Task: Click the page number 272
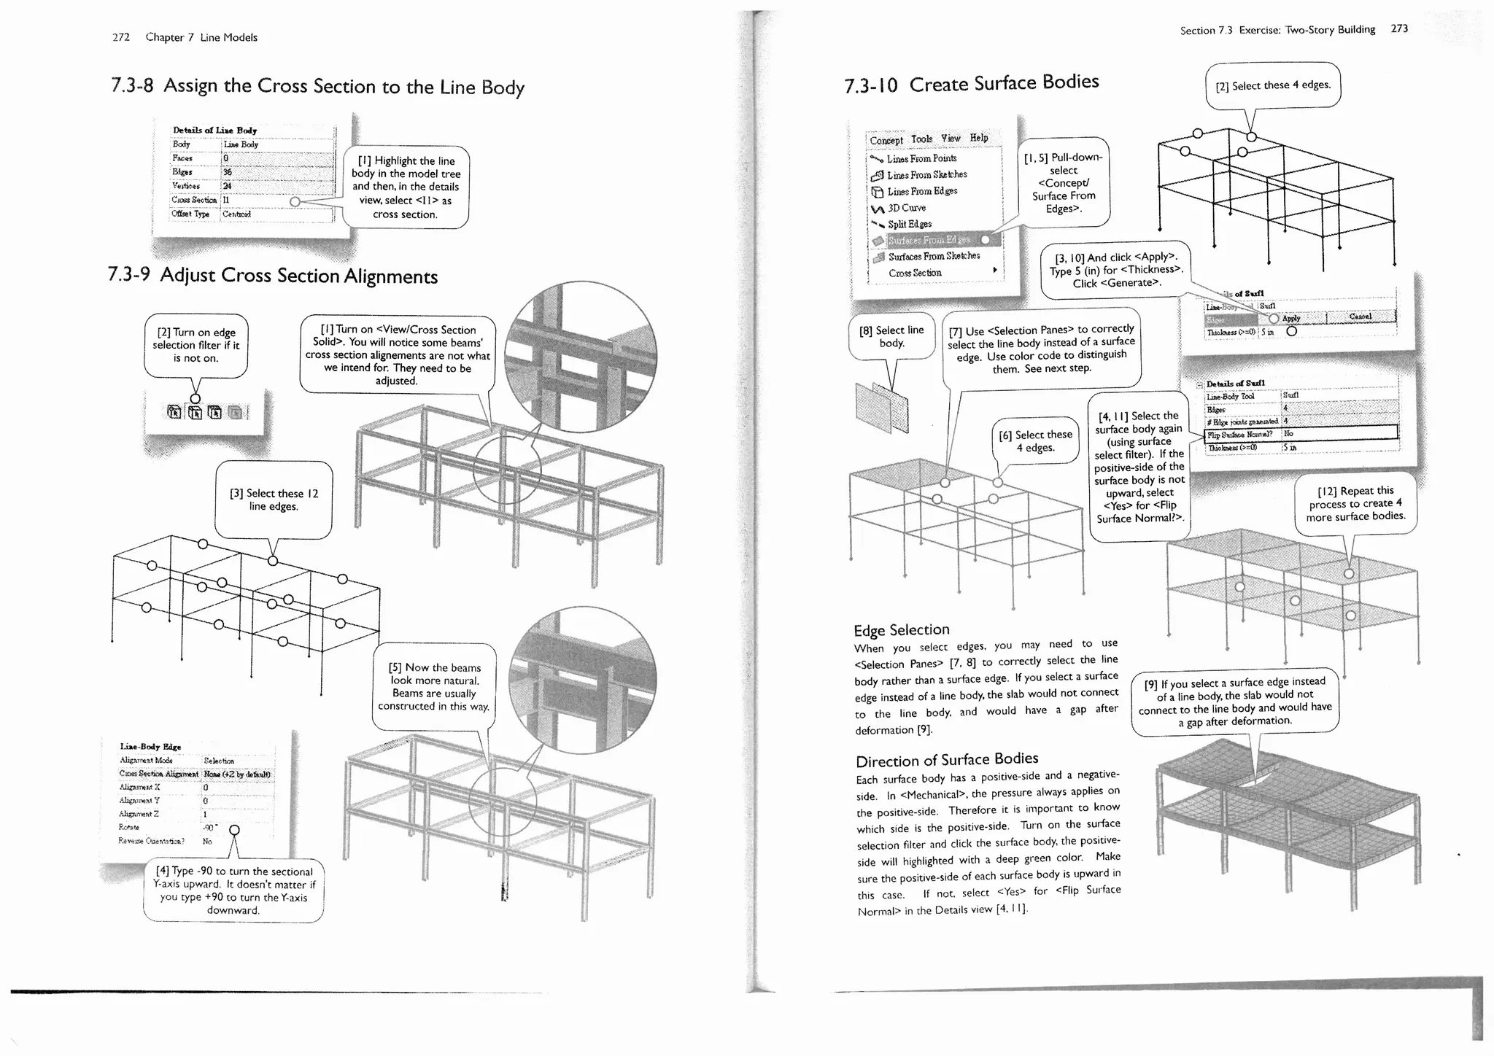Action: pos(121,37)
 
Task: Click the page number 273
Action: pos(1399,28)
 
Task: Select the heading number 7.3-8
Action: pos(132,85)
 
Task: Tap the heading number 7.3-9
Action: pos(128,274)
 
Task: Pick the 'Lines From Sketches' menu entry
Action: pos(926,175)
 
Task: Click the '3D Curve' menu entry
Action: pos(906,208)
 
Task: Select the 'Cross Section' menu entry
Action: pos(915,273)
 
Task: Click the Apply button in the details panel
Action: pos(1291,317)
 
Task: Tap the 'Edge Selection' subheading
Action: pos(902,629)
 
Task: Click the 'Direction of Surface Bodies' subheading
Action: pos(947,760)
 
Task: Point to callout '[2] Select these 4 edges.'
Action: pos(1273,85)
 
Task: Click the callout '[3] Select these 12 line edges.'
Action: pos(274,500)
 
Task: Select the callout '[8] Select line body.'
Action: pos(891,336)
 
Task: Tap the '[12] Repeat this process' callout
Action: pos(1355,503)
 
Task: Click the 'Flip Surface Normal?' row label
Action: pos(1240,434)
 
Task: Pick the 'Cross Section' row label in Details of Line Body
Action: pos(195,200)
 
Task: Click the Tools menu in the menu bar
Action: pos(921,139)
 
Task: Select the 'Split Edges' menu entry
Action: pos(909,224)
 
